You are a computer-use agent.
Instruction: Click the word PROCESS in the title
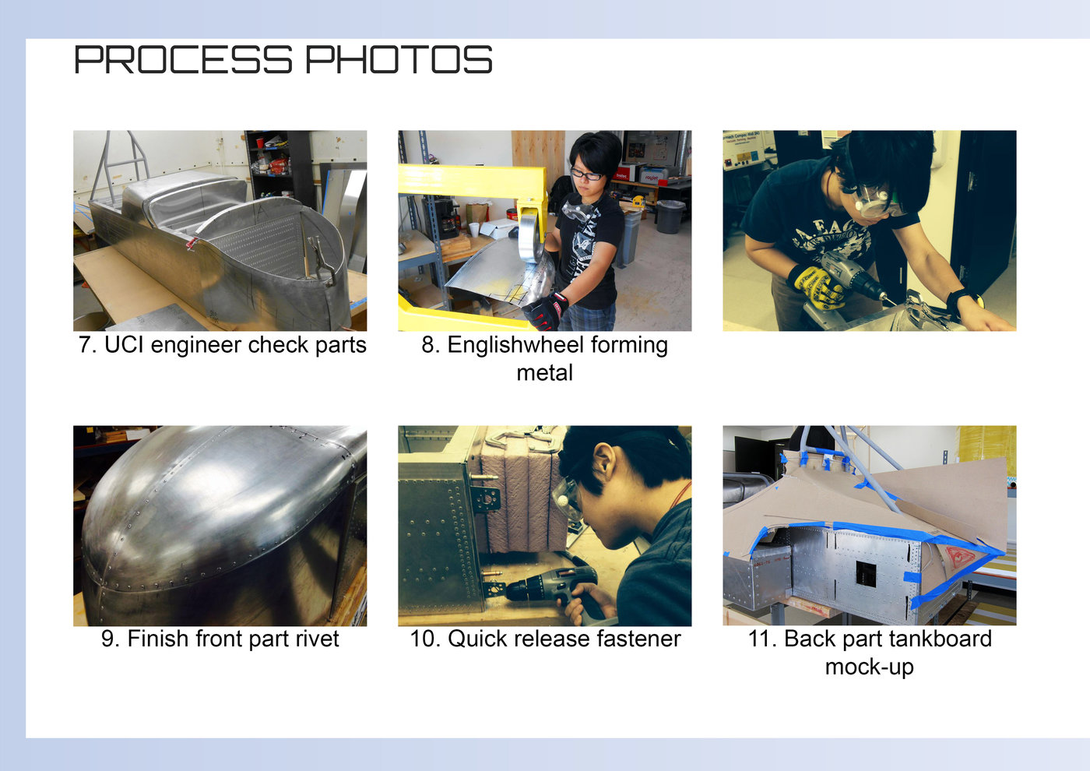click(183, 60)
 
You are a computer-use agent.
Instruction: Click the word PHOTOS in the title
click(398, 60)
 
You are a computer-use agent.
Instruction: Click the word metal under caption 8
click(544, 373)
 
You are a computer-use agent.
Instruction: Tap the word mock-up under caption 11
click(869, 667)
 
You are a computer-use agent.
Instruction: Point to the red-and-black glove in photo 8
click(547, 311)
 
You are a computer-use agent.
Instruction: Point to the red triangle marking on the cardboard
click(959, 556)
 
